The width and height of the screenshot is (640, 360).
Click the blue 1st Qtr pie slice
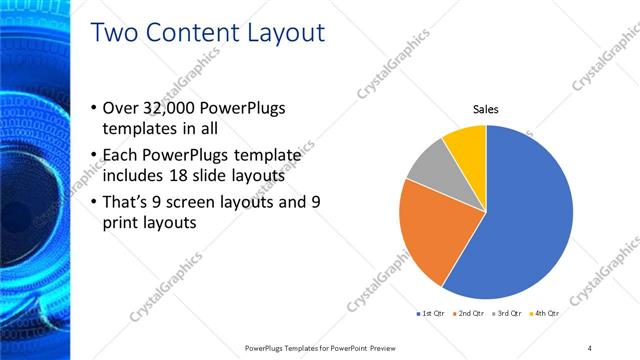(x=525, y=215)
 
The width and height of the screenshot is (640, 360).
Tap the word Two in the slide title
(x=112, y=33)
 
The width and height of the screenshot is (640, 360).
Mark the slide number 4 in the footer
(x=589, y=347)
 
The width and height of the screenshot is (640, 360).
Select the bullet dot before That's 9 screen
(x=94, y=202)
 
